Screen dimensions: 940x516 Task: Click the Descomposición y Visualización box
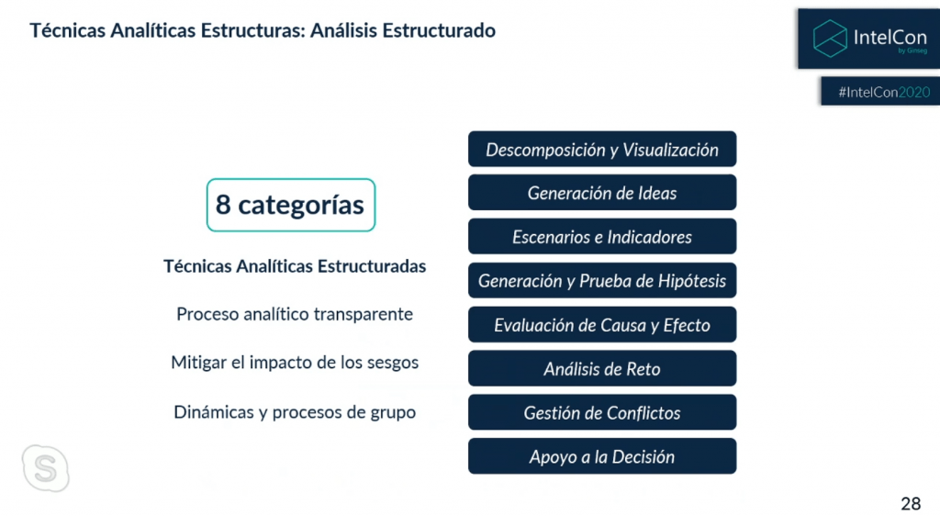click(602, 150)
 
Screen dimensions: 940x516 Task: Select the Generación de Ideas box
click(602, 193)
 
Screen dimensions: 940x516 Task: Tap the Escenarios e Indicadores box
click(602, 237)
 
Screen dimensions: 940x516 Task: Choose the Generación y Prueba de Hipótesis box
click(602, 280)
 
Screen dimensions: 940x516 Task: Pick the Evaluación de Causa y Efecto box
click(602, 324)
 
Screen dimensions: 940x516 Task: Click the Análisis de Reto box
click(602, 368)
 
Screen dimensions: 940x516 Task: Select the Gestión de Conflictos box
click(602, 412)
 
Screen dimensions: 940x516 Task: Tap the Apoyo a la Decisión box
click(602, 456)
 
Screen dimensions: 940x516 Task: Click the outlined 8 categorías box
click(291, 179)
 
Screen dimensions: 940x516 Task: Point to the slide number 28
click(911, 503)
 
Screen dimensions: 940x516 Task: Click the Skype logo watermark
click(46, 468)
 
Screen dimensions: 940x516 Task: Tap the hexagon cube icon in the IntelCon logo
click(830, 39)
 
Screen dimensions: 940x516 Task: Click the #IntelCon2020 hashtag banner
click(880, 91)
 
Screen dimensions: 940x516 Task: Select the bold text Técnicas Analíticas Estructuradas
click(295, 266)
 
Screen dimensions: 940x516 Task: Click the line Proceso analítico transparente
click(295, 314)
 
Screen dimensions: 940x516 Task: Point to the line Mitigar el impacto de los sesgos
click(295, 363)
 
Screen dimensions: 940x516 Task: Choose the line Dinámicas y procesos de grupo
click(295, 412)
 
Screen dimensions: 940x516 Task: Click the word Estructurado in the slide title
click(439, 30)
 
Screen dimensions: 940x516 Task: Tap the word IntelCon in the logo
click(890, 37)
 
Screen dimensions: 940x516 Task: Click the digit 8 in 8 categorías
click(223, 205)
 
